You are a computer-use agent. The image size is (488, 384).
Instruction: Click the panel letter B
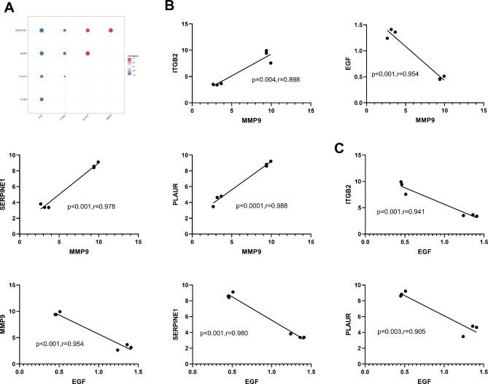coord(169,7)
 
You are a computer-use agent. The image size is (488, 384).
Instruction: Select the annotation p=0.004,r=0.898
coord(276,79)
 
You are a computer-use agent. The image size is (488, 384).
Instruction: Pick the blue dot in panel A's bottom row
coord(42,99)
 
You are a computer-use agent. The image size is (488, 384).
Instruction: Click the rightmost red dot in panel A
coord(111,30)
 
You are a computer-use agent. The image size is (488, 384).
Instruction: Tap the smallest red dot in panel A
coord(64,76)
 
